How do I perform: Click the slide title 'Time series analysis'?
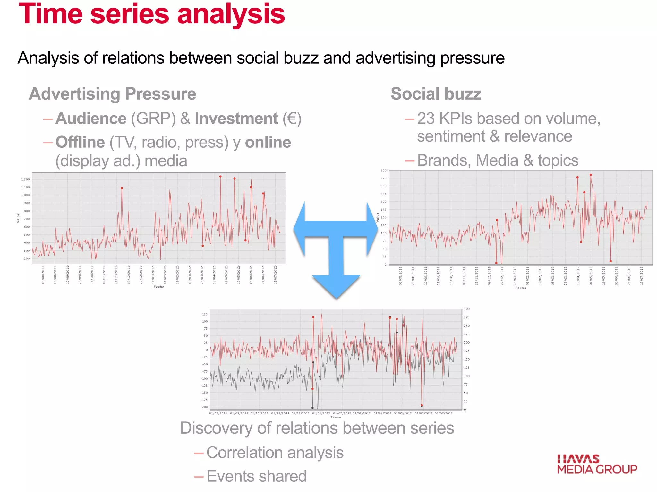coord(152,14)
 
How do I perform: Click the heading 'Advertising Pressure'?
coord(112,94)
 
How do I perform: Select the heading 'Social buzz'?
coord(436,94)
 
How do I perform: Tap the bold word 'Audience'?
coord(91,119)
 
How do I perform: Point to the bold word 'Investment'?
coord(236,119)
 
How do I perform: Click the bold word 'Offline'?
coord(80,142)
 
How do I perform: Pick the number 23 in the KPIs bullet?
coord(426,119)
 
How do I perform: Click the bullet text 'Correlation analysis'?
coord(275,453)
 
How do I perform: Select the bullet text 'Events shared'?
coord(256,476)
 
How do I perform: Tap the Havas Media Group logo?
coord(597,464)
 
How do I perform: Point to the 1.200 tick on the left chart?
coord(25,179)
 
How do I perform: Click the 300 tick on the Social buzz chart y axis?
coord(383,170)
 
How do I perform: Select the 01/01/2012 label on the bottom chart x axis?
coord(321,413)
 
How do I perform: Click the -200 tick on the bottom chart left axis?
coord(204,407)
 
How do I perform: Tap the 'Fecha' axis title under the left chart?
coord(159,287)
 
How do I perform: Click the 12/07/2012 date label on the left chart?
coord(275,275)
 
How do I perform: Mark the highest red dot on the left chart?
coord(220,176)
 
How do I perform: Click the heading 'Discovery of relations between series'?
coord(317,428)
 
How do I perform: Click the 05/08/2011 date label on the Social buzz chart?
coord(400,275)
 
